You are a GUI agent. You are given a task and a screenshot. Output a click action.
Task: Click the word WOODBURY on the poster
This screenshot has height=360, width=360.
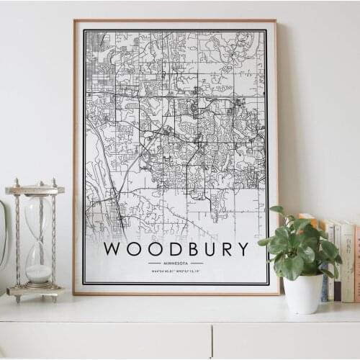[x=176, y=249]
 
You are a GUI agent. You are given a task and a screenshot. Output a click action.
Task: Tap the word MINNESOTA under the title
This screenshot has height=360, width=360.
[x=176, y=264]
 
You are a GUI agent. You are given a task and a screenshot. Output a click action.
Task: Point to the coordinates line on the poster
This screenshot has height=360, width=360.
[x=176, y=271]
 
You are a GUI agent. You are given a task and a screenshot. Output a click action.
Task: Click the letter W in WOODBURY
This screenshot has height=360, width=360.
[x=113, y=249]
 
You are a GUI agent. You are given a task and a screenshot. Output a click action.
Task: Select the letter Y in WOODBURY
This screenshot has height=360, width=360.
[x=243, y=249]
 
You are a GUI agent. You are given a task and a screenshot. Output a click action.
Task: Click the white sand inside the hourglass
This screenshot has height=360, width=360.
[x=38, y=274]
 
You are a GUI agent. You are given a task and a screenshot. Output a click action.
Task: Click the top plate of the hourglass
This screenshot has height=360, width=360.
[x=35, y=189]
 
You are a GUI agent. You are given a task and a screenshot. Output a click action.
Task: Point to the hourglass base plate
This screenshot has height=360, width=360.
[x=35, y=291]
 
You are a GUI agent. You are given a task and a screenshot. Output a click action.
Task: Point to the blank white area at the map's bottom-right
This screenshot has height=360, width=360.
[x=241, y=209]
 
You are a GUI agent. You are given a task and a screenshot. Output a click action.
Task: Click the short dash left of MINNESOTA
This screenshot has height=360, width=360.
[x=153, y=264]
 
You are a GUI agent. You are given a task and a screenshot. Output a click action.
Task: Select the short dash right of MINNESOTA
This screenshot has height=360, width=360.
[x=197, y=264]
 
